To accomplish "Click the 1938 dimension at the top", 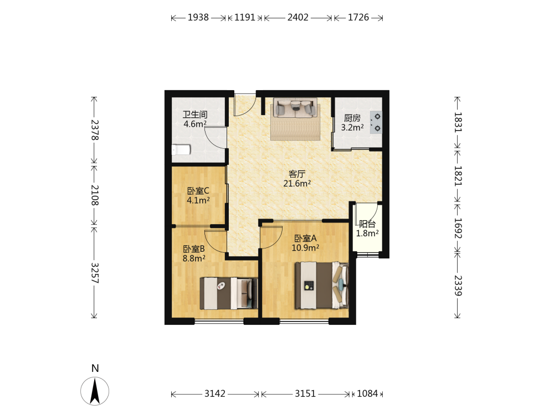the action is [198, 17].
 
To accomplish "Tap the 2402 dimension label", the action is [297, 17].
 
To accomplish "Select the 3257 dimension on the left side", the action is [95, 273].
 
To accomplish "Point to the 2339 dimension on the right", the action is [458, 286].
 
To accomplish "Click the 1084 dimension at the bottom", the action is [367, 393].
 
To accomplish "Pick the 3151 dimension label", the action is [305, 393].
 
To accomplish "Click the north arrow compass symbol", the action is [95, 391].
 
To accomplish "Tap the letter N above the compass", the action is [95, 369].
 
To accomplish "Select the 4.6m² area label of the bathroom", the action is [195, 124].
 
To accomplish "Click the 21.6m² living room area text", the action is [297, 184].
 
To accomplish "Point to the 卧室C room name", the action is [198, 191].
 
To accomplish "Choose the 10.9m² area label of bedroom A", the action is [305, 248].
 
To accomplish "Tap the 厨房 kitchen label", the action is [352, 118].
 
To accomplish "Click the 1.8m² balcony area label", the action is [367, 234].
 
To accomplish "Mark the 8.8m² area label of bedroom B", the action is [194, 258].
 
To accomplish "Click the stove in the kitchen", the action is [376, 122].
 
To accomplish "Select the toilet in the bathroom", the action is [181, 150].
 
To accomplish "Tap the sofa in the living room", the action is [295, 108].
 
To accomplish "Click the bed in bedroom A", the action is [322, 285].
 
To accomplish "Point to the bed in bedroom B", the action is [229, 293].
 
